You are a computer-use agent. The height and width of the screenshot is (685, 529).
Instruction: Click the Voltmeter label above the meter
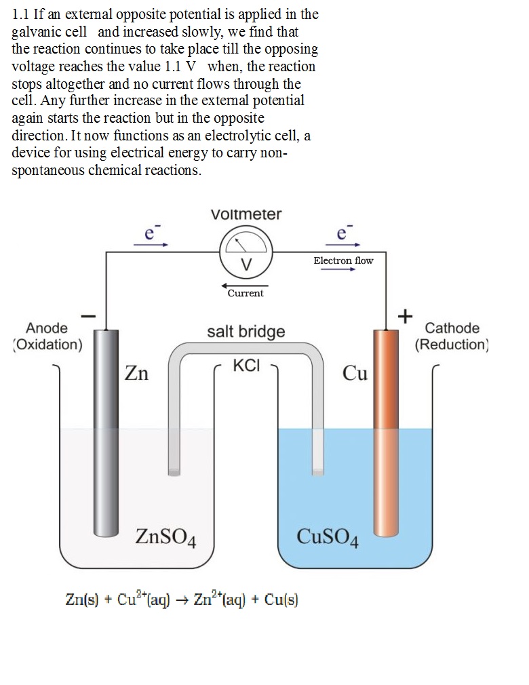[246, 214]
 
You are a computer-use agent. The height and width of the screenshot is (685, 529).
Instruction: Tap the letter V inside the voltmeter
[246, 263]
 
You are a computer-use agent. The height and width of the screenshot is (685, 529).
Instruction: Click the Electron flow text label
[343, 260]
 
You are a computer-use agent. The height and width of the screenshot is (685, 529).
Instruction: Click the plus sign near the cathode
[405, 316]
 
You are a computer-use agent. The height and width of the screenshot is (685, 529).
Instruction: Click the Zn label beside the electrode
[136, 373]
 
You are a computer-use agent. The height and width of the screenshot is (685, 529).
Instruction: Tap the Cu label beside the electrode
[355, 373]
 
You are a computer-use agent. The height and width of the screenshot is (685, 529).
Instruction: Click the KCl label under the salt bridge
[246, 366]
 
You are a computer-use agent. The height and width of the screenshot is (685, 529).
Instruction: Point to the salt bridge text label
[246, 332]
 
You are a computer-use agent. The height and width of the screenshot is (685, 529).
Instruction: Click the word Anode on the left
[47, 328]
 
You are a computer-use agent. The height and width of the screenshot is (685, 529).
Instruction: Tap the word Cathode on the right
[452, 328]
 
